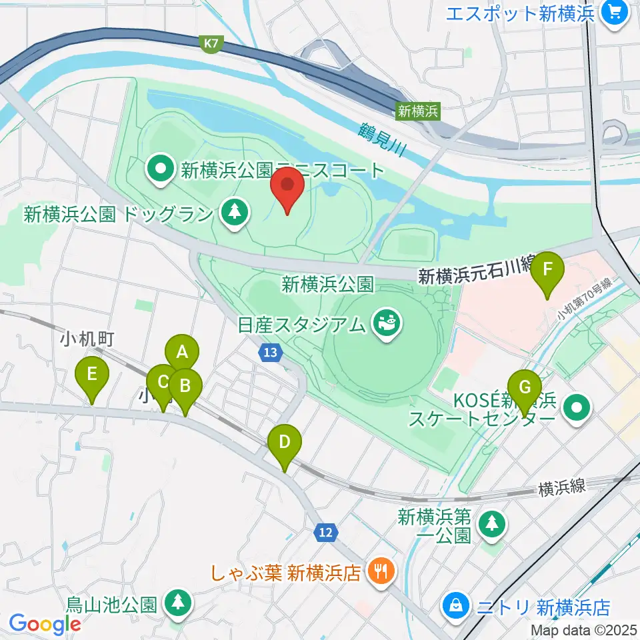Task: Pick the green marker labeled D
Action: click(x=285, y=442)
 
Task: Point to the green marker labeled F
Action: click(x=547, y=270)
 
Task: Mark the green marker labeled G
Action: click(x=525, y=387)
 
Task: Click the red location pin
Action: click(x=288, y=185)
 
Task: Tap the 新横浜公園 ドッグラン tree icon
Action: click(x=234, y=213)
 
